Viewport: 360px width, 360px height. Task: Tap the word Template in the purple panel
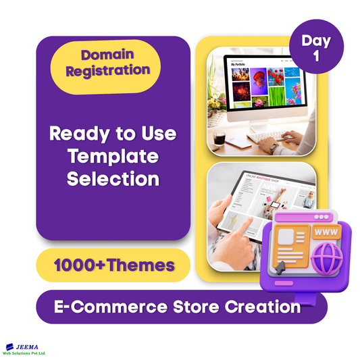(x=113, y=157)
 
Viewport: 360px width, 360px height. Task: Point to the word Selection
(x=113, y=180)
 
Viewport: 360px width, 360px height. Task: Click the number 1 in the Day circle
(x=317, y=57)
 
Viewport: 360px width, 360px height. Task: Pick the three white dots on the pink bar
(x=317, y=217)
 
